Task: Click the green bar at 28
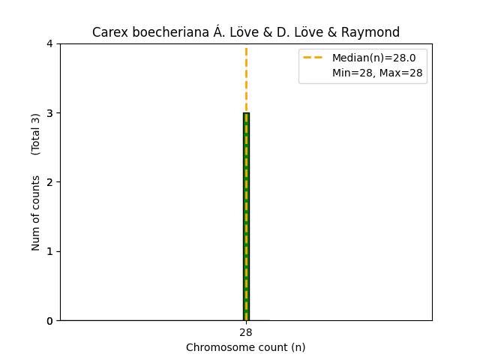tap(246, 225)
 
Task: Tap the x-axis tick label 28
tap(246, 332)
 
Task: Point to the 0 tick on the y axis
tap(50, 320)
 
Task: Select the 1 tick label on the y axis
tap(50, 251)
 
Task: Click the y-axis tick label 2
tap(50, 182)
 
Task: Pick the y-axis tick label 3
tap(50, 113)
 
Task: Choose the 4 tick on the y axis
tap(50, 44)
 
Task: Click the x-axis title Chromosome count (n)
tap(246, 347)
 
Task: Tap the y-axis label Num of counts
tap(36, 212)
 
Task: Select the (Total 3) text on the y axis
tap(36, 134)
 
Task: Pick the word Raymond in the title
tap(374, 32)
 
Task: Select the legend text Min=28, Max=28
tap(377, 73)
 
